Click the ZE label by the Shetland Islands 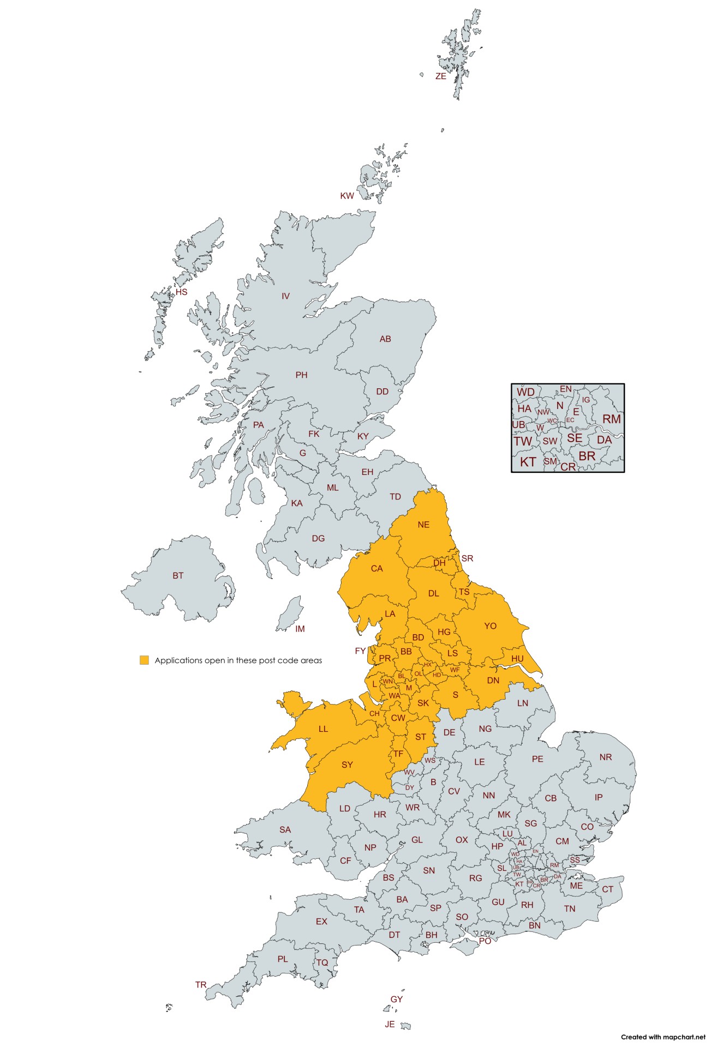pyautogui.click(x=440, y=76)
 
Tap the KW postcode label pyautogui.click(x=347, y=196)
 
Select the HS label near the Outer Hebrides pyautogui.click(x=181, y=292)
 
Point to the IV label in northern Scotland pyautogui.click(x=285, y=296)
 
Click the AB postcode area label pyautogui.click(x=385, y=339)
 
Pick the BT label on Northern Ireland pyautogui.click(x=178, y=575)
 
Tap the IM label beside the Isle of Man pyautogui.click(x=300, y=629)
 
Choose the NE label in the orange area pyautogui.click(x=423, y=525)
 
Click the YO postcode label pyautogui.click(x=490, y=626)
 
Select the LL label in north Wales pyautogui.click(x=323, y=729)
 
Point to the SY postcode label pyautogui.click(x=347, y=765)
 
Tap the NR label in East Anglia pyautogui.click(x=605, y=757)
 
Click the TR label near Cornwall pyautogui.click(x=201, y=985)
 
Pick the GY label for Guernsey pyautogui.click(x=397, y=1000)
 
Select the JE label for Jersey pyautogui.click(x=390, y=1025)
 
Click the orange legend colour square pyautogui.click(x=144, y=660)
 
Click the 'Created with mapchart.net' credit pyautogui.click(x=662, y=1037)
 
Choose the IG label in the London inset pyautogui.click(x=585, y=400)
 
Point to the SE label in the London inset pyautogui.click(x=574, y=438)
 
